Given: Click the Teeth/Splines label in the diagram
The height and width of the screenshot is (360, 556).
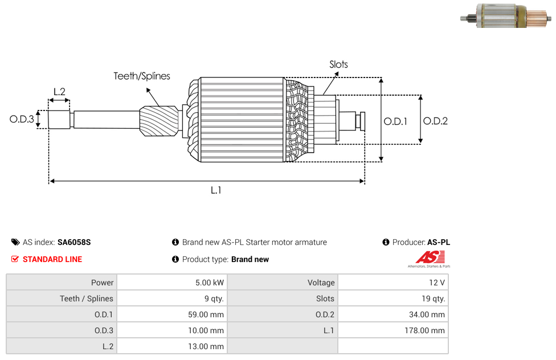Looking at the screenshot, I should (141, 76).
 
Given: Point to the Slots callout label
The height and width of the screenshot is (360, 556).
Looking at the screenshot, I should (338, 64).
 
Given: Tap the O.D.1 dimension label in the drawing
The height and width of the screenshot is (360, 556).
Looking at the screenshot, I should (395, 121).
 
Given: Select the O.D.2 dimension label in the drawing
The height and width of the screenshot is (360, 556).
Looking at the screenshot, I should (435, 121).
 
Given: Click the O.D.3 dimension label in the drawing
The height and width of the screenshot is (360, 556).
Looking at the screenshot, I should (22, 119).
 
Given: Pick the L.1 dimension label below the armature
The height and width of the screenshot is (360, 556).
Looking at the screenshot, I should (215, 190).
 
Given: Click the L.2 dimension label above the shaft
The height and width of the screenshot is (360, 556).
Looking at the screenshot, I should (59, 91).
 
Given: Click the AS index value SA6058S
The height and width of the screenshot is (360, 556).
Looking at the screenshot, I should (74, 242).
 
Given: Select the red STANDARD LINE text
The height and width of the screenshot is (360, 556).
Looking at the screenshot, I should (52, 259).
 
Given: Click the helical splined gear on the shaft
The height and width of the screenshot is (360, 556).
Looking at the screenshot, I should (160, 121).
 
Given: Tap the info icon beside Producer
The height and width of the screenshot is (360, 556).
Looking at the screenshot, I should (386, 242).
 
